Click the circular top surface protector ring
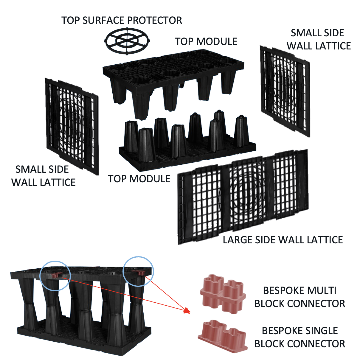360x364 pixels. tap(127, 41)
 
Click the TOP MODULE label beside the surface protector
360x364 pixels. tap(206, 41)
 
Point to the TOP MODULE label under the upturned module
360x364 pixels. tap(139, 179)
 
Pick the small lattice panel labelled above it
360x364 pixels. tap(285, 91)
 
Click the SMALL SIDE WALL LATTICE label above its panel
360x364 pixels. tap(318, 39)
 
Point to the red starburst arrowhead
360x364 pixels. tap(187, 311)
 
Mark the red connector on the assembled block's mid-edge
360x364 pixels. tap(56, 275)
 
